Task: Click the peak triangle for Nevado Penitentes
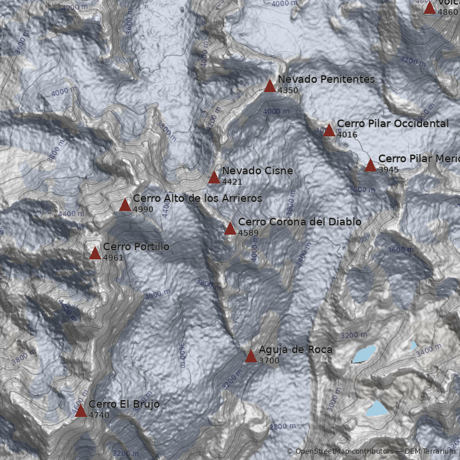pyautogui.click(x=270, y=86)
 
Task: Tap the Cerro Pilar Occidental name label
pyautogui.click(x=392, y=124)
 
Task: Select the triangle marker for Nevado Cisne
pyautogui.click(x=214, y=178)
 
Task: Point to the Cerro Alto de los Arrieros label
pyautogui.click(x=197, y=198)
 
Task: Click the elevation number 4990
pyautogui.click(x=143, y=209)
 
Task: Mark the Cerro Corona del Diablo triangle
pyautogui.click(x=230, y=229)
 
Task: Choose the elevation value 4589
pyautogui.click(x=248, y=233)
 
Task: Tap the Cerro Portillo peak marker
pyautogui.click(x=95, y=254)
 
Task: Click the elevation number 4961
pyautogui.click(x=113, y=258)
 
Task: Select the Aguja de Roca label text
pyautogui.click(x=295, y=350)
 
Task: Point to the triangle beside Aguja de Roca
pyautogui.click(x=251, y=356)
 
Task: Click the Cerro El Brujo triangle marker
pyautogui.click(x=80, y=411)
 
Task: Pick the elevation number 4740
pyautogui.click(x=98, y=415)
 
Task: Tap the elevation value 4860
pyautogui.click(x=447, y=11)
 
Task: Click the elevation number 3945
pyautogui.click(x=388, y=170)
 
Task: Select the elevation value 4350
pyautogui.click(x=287, y=90)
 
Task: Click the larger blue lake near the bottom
pyautogui.click(x=377, y=409)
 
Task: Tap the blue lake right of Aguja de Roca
pyautogui.click(x=364, y=354)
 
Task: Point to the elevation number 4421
pyautogui.click(x=232, y=182)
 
